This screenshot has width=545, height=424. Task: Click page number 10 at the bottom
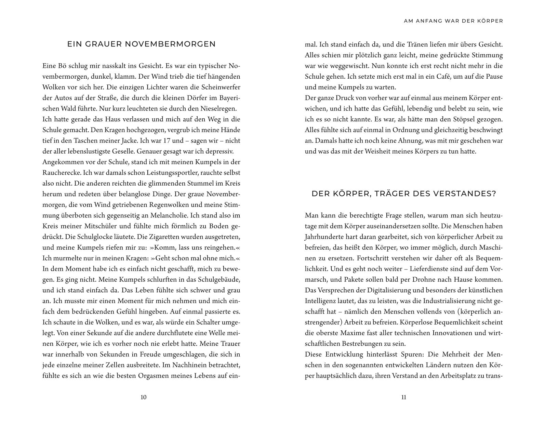pos(143,397)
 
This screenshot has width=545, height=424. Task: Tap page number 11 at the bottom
pos(403,397)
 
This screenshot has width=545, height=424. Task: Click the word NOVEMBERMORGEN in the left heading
pos(170,44)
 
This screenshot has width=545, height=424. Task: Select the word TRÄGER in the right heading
pos(392,194)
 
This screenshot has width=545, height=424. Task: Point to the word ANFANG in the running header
pos(429,21)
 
